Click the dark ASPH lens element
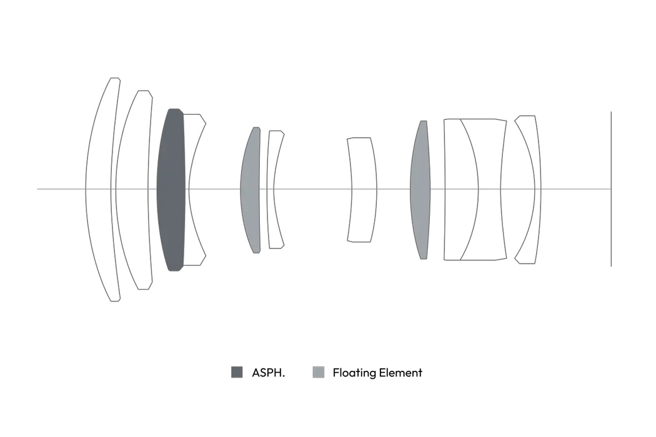(x=171, y=189)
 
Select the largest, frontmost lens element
(x=98, y=189)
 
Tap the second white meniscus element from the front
(x=132, y=189)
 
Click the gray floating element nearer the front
(x=250, y=189)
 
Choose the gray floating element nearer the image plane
(x=420, y=189)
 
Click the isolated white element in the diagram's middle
(x=362, y=189)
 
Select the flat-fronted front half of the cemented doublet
(x=460, y=189)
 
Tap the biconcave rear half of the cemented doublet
(x=489, y=189)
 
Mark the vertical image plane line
(x=611, y=189)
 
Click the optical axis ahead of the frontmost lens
(x=61, y=189)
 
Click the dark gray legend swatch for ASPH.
(x=237, y=372)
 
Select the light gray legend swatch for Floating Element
(x=319, y=372)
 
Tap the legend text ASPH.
(x=268, y=373)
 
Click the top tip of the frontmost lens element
(x=115, y=78)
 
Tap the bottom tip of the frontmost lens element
(x=115, y=301)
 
